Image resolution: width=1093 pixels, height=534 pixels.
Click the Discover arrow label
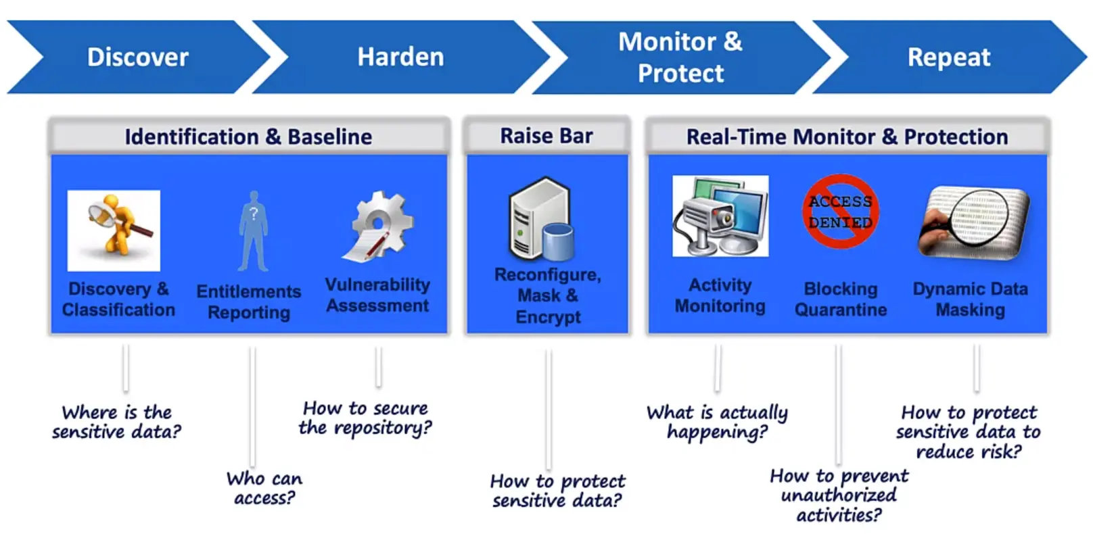coord(138,57)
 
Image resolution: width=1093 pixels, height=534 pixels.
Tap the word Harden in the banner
coord(400,57)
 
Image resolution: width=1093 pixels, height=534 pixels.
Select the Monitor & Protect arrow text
coord(680,57)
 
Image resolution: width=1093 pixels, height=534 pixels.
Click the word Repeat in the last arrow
coord(948,57)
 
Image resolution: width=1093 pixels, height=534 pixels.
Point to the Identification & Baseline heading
coord(248,137)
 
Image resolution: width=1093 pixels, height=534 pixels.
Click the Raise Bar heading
coord(546,136)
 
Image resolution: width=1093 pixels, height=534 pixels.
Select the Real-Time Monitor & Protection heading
coord(847,137)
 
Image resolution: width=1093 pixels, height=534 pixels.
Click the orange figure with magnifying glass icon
coord(114,230)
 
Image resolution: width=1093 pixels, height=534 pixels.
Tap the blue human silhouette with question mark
coord(254,230)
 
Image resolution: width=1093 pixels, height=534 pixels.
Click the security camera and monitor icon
coord(720,216)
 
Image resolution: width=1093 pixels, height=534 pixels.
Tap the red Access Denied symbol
coord(841,212)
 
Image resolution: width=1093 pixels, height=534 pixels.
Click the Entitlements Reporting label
coord(249,301)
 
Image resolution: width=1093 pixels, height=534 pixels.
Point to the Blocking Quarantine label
coord(841,299)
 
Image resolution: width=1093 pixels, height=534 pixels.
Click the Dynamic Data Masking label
coord(970,299)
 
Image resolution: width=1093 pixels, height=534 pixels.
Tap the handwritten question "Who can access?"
coord(264,488)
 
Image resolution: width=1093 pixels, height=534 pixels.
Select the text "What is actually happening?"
coord(718,422)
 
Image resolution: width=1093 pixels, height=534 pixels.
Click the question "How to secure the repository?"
coord(365,418)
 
